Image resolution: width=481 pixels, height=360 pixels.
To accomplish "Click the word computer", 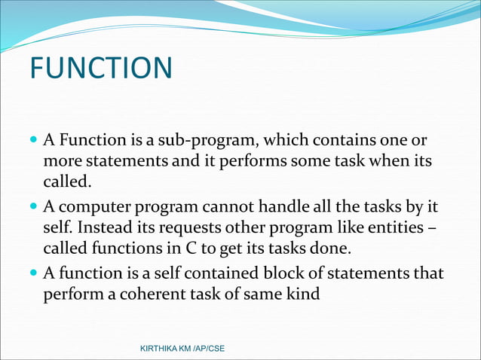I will [90, 207].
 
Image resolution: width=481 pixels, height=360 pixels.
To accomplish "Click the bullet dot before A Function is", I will [33, 141].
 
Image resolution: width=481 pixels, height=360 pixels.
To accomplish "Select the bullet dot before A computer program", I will [33, 207].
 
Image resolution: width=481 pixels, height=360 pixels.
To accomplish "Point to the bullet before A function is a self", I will [33, 273].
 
